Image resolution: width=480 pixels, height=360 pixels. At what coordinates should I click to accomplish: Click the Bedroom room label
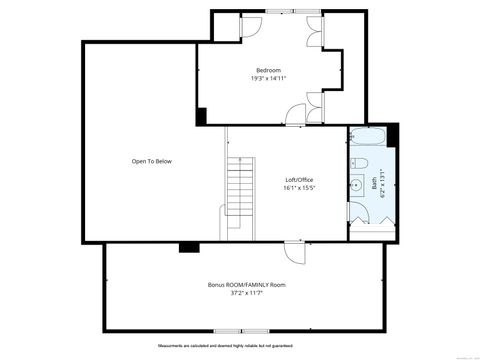pyautogui.click(x=267, y=70)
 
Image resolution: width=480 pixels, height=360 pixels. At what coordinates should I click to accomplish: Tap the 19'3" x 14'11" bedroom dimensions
pyautogui.click(x=268, y=79)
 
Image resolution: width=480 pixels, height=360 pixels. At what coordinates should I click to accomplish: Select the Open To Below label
pyautogui.click(x=145, y=161)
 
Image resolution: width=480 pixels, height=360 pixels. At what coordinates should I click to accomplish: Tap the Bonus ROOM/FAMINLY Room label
pyautogui.click(x=246, y=285)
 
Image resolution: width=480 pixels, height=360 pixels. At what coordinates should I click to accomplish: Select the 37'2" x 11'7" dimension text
pyautogui.click(x=246, y=294)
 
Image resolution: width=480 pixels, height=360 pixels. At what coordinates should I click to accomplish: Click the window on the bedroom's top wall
pyautogui.click(x=280, y=12)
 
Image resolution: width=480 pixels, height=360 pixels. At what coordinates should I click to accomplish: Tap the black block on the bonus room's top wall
pyautogui.click(x=186, y=247)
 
